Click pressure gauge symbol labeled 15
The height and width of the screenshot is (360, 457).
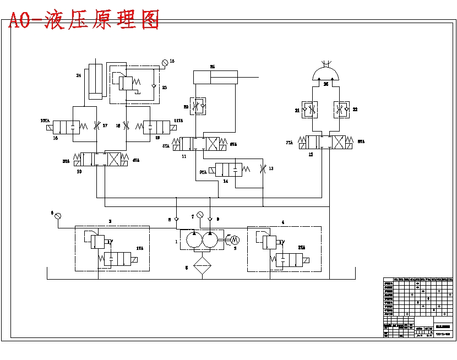coord(164,62)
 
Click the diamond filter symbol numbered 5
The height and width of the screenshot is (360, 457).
coord(202,265)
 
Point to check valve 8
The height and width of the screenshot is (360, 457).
coord(176,219)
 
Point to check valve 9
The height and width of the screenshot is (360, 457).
coord(210,219)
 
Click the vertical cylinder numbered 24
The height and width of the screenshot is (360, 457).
coord(95,81)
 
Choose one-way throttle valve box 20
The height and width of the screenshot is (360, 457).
coord(198,106)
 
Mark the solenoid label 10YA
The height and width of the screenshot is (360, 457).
coord(45,121)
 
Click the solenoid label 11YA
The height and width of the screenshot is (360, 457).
coord(178,121)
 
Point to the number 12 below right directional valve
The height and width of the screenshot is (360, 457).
coord(310,155)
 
